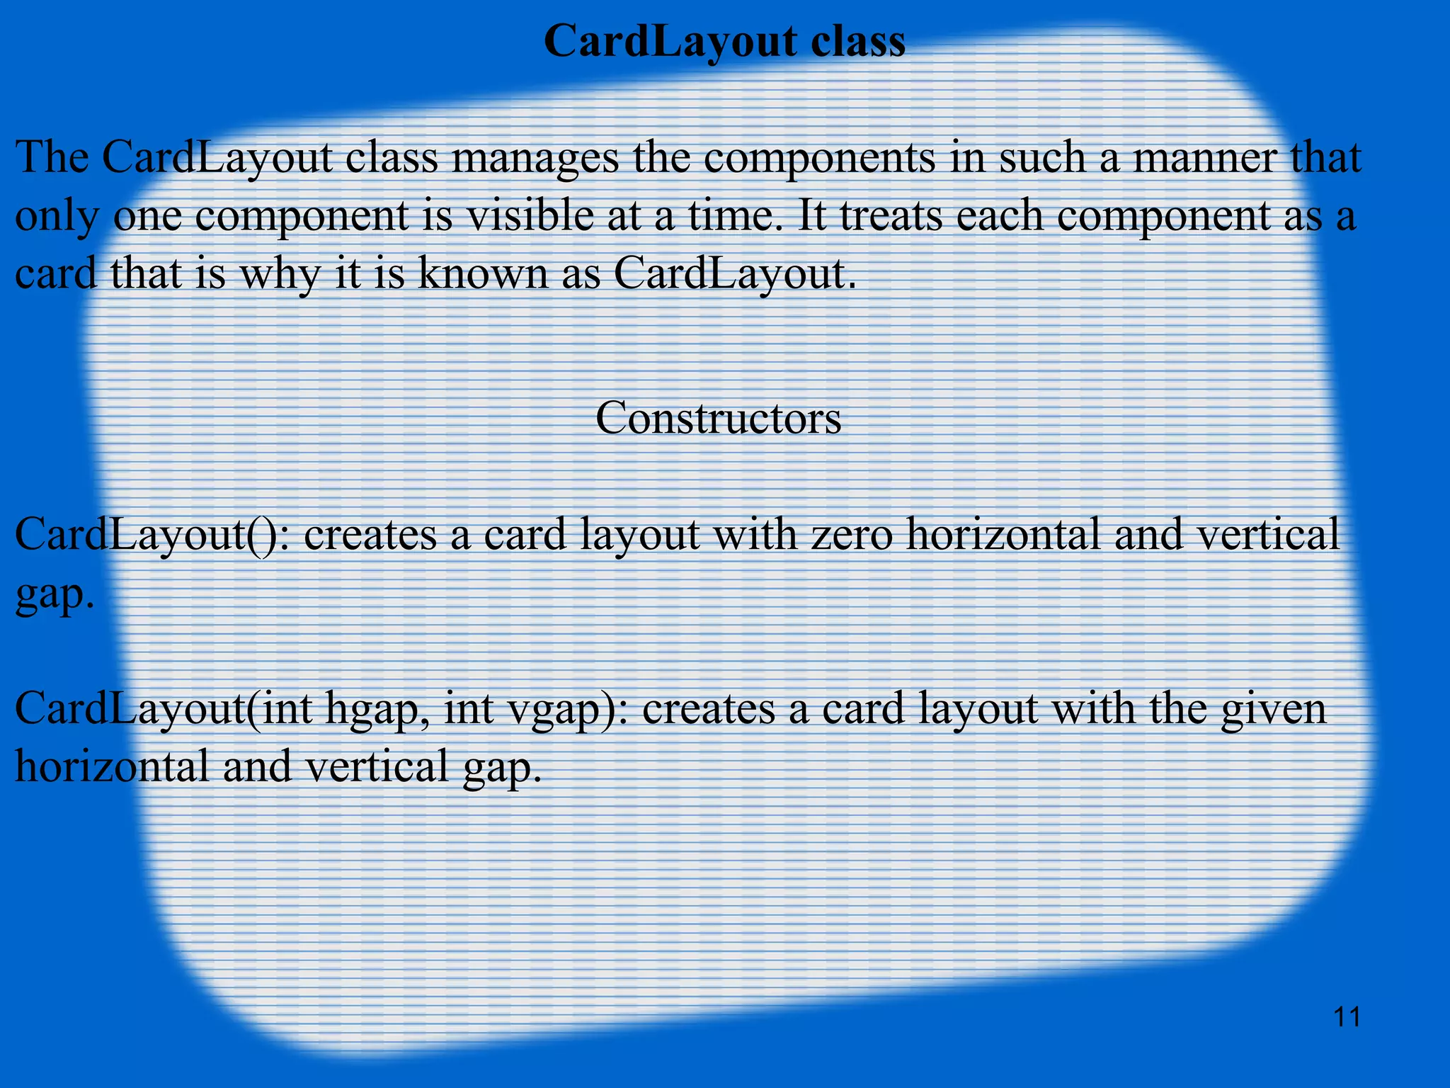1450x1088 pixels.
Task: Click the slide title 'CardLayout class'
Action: pos(724,41)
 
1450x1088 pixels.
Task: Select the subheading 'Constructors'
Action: pos(718,418)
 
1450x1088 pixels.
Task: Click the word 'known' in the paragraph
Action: pos(482,273)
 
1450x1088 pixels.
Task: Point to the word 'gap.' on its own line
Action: pos(55,595)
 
